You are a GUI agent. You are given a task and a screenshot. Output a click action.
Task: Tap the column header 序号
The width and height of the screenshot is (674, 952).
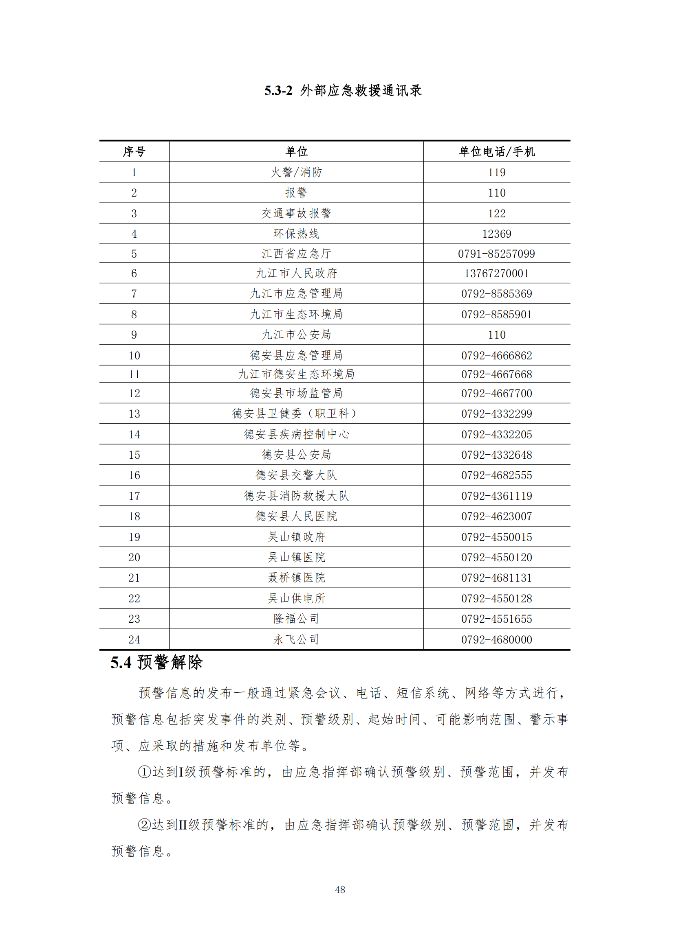(134, 152)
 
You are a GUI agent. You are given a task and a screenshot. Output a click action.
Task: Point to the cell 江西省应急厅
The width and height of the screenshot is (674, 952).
(296, 254)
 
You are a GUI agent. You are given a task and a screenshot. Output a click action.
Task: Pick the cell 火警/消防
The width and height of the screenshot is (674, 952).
(296, 173)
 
